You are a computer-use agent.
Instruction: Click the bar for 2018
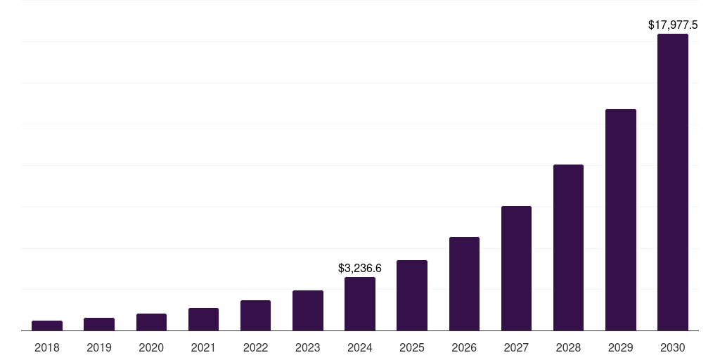click(47, 326)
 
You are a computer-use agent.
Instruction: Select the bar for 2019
click(99, 324)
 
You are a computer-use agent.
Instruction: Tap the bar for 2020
click(151, 322)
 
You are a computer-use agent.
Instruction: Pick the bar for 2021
click(203, 319)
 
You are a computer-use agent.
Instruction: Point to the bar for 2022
click(255, 315)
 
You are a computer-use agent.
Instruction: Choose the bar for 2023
click(308, 310)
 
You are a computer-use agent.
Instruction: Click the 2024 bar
click(360, 304)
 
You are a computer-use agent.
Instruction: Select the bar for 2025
click(412, 295)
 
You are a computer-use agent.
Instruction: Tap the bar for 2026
click(464, 283)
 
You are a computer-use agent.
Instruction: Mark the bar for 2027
click(516, 268)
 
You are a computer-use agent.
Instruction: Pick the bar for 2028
click(568, 247)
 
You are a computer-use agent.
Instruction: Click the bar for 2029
click(621, 219)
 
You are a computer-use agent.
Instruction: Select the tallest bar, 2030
click(673, 182)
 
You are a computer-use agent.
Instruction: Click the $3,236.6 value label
click(360, 268)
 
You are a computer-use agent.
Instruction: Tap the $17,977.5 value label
click(673, 25)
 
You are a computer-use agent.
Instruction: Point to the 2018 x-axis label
click(47, 347)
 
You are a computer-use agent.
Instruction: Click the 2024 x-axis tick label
click(360, 347)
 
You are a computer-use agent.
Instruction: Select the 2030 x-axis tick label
click(673, 347)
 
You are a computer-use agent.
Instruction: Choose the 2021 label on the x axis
click(203, 347)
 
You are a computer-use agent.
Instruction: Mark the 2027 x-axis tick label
click(516, 347)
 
